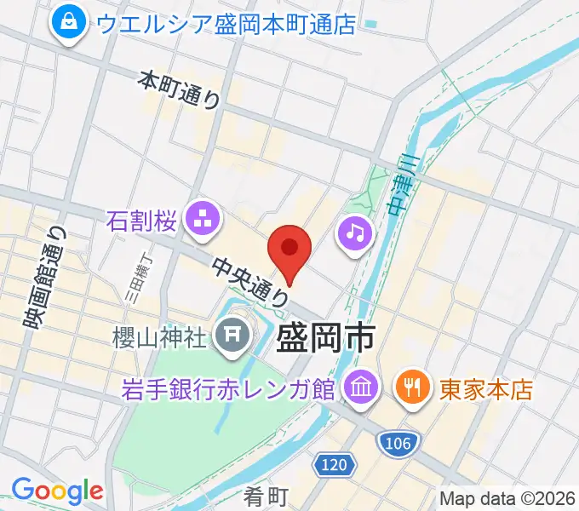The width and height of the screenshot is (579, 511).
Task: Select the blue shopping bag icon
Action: click(x=67, y=23)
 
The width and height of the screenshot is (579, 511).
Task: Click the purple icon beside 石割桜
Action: click(x=204, y=221)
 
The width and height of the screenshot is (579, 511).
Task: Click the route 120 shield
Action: click(x=334, y=465)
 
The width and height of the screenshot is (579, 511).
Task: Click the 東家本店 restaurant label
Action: click(x=486, y=389)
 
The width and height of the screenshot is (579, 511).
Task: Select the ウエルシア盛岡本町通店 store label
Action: click(x=226, y=23)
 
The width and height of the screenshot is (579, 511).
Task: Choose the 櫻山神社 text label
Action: click(x=160, y=337)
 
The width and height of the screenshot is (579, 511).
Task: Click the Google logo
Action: click(x=57, y=491)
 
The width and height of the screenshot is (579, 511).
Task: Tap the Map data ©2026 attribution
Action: click(x=507, y=499)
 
